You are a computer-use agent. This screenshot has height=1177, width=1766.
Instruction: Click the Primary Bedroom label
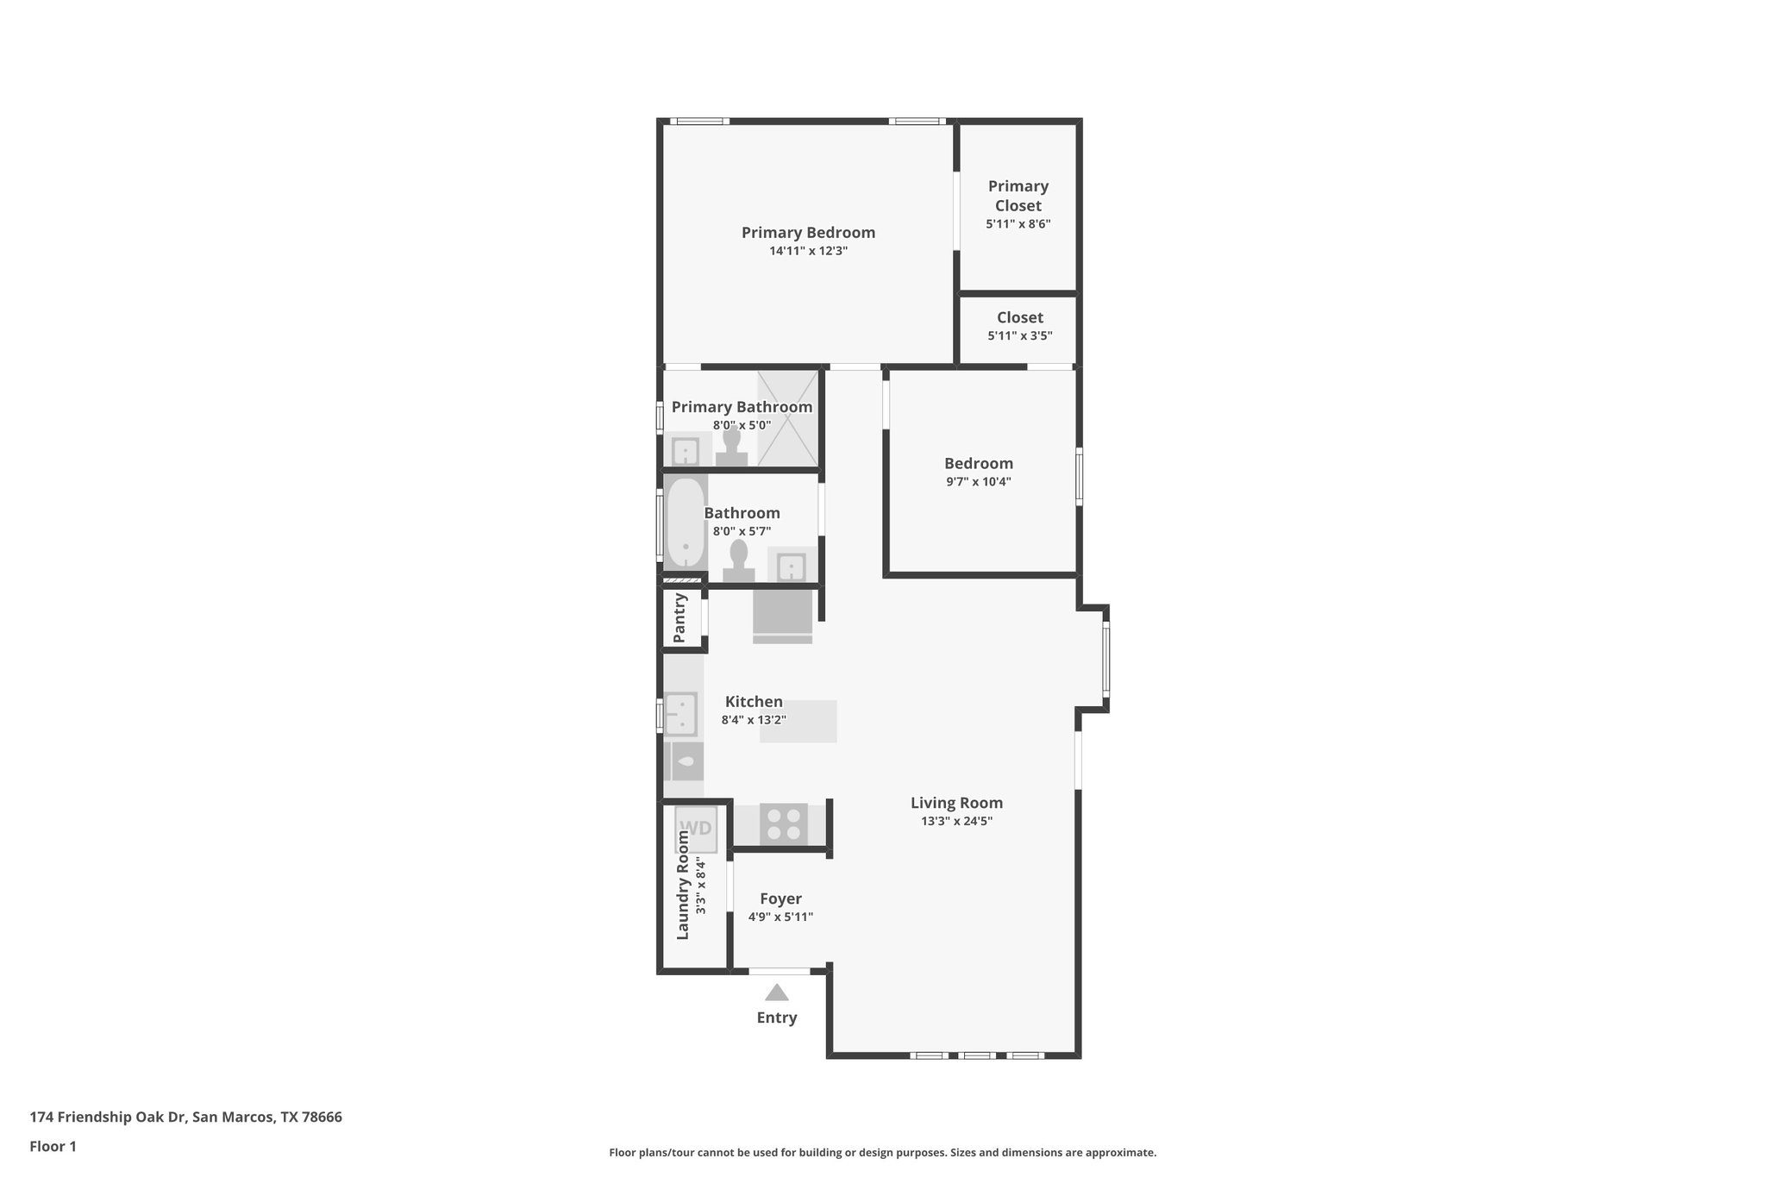(808, 232)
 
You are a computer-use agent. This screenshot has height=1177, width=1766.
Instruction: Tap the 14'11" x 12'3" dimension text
(808, 252)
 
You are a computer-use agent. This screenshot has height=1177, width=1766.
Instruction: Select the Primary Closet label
(1018, 196)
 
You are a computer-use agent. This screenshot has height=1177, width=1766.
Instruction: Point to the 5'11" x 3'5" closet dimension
(1019, 336)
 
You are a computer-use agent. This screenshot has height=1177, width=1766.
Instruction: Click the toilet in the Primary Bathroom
(731, 448)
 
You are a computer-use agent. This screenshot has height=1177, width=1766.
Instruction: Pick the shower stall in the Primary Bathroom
(786, 418)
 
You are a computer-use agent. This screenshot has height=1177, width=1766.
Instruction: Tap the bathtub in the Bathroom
(686, 523)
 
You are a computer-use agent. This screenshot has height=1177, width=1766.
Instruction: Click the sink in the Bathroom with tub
(791, 567)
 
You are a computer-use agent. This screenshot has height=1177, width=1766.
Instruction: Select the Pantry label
(679, 617)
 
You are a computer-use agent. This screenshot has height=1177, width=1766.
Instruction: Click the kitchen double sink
(681, 714)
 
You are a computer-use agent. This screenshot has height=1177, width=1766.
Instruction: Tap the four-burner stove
(783, 823)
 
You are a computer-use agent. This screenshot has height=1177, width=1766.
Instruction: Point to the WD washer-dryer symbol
(695, 829)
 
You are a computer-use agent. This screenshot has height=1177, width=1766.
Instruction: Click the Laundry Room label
(683, 885)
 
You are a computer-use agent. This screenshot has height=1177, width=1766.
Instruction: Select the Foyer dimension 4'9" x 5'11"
(780, 917)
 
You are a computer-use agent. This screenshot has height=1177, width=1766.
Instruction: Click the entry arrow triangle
(776, 993)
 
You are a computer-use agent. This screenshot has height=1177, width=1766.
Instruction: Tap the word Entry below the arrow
(776, 1017)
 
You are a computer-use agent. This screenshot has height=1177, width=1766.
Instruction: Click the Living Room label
(956, 803)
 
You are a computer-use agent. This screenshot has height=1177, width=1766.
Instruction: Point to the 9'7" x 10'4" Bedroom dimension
(978, 482)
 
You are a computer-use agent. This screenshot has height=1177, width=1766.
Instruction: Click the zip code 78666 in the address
(323, 1118)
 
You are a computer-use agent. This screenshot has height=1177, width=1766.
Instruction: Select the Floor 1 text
(53, 1147)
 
